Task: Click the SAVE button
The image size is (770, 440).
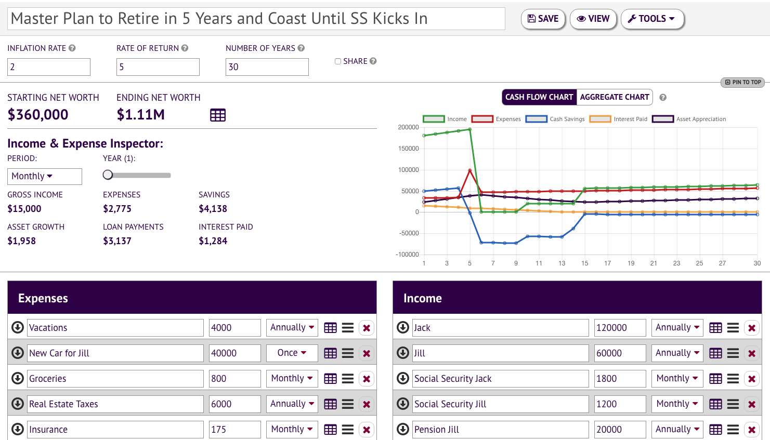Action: click(543, 19)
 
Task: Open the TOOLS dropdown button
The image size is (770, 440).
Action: click(652, 19)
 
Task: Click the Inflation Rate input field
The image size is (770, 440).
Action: click(48, 67)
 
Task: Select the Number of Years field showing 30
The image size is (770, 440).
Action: click(267, 67)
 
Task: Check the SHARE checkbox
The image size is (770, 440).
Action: click(338, 61)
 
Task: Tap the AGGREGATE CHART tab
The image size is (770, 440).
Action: click(614, 97)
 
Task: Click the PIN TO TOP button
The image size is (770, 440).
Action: click(743, 82)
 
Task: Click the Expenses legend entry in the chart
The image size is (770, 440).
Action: click(495, 119)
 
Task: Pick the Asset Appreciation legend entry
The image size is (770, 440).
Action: click(689, 119)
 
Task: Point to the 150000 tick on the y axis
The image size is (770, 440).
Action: click(408, 149)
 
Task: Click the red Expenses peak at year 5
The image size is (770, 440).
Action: click(470, 170)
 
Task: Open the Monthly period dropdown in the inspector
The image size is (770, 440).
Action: click(44, 176)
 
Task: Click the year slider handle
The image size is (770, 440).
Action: click(108, 175)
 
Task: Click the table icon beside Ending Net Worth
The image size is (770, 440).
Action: click(217, 115)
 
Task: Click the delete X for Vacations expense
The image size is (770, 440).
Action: click(367, 328)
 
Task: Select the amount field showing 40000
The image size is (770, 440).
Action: click(234, 353)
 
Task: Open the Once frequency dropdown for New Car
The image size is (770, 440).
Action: click(292, 353)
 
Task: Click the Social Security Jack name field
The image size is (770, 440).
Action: click(500, 379)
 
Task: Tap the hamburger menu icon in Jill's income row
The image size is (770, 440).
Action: click(733, 353)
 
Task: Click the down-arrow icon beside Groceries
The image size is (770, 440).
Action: click(18, 378)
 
